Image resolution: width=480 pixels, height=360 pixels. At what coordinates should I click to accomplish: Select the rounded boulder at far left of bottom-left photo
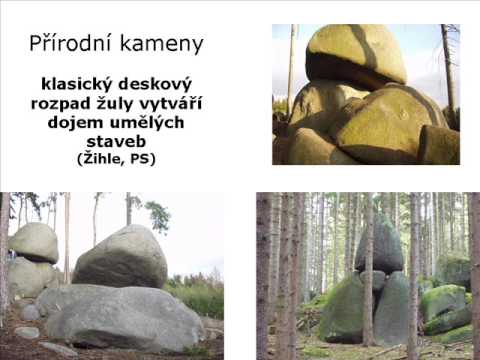(34, 242)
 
